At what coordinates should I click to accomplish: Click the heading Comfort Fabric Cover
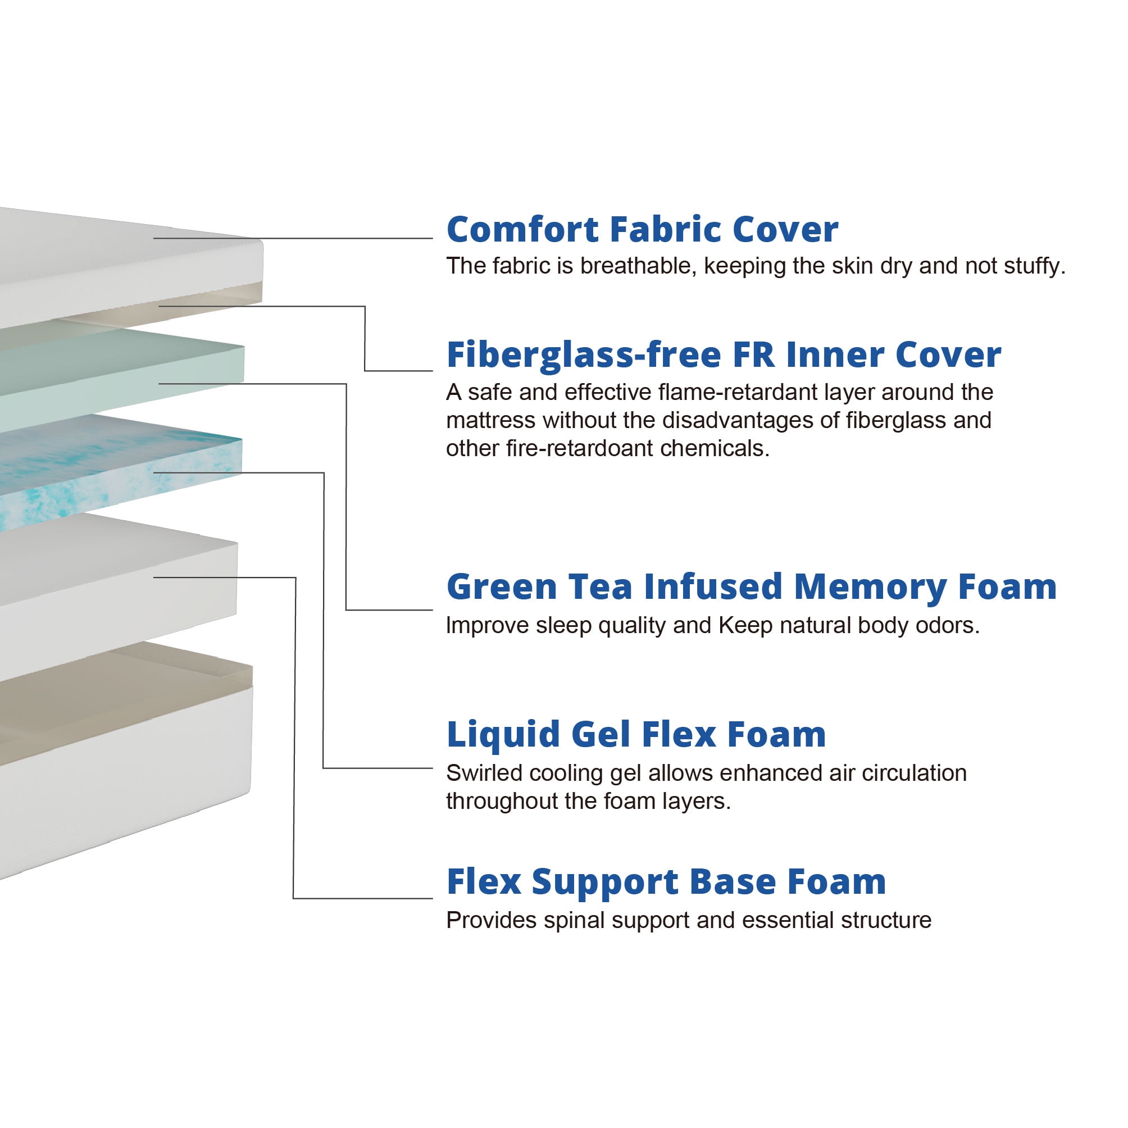tap(642, 229)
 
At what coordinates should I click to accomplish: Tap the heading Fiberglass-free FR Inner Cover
tap(724, 355)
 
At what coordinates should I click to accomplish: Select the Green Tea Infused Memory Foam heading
tap(752, 587)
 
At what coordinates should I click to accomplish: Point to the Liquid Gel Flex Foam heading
tap(636, 734)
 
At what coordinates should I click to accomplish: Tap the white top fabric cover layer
tap(117, 263)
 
